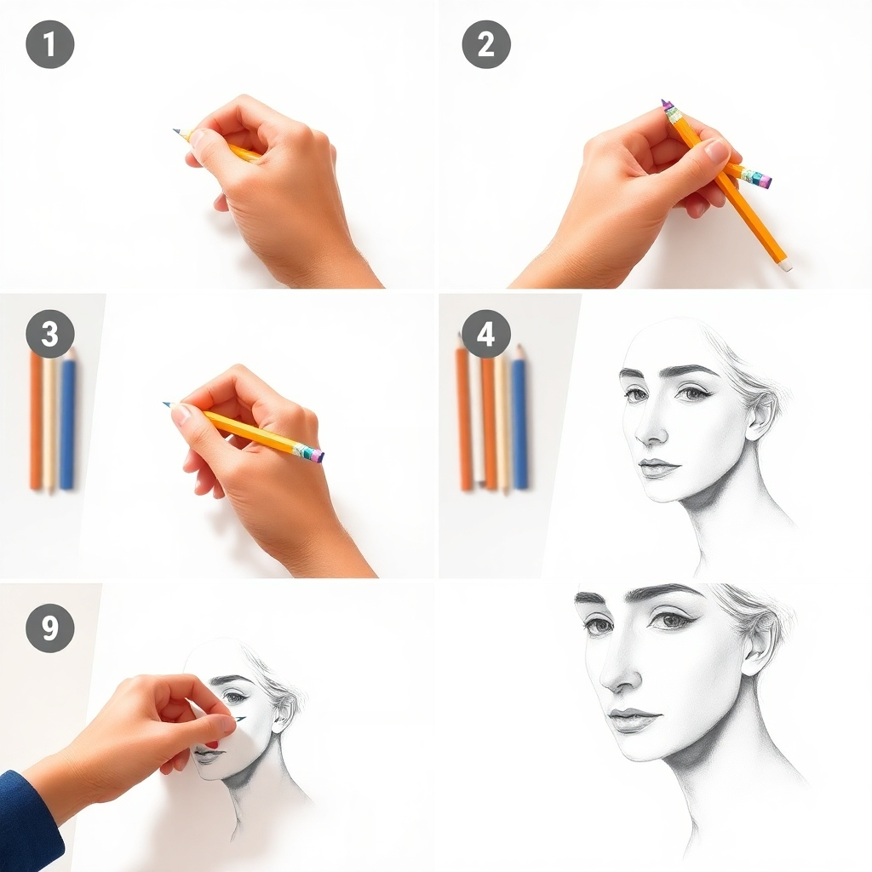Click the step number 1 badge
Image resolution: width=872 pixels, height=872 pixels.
point(50,44)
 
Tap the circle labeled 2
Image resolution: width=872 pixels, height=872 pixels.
point(486,44)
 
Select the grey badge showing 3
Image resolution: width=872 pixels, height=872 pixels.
point(50,334)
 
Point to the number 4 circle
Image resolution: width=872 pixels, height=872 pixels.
point(486,334)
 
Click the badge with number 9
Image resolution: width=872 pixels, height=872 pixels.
point(50,628)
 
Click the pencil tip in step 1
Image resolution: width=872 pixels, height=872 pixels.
point(176,131)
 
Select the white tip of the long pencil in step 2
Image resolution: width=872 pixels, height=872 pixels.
point(785,266)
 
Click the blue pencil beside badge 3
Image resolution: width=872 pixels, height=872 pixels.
point(67,422)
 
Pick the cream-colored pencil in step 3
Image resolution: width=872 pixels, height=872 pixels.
point(51,422)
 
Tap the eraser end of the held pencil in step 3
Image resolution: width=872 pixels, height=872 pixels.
point(317,456)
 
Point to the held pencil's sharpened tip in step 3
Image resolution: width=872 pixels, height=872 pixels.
point(167,404)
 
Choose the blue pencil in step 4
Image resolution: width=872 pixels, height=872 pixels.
point(519,422)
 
